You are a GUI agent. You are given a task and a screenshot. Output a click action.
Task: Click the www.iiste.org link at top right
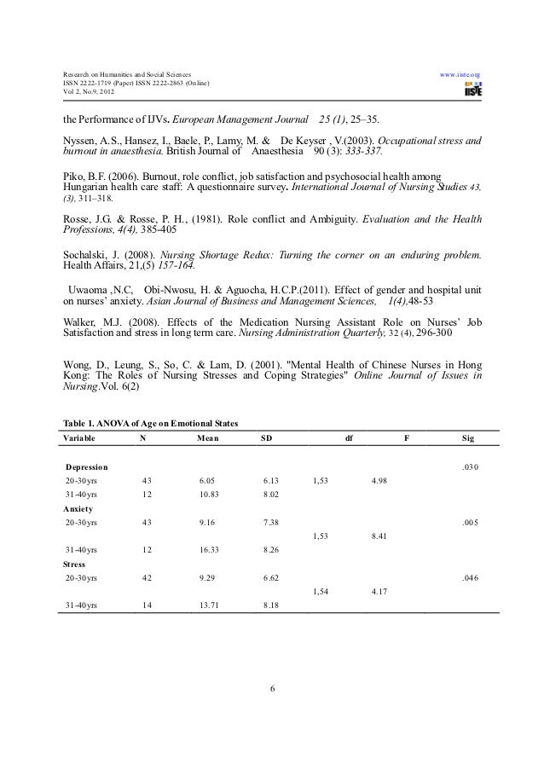(461, 75)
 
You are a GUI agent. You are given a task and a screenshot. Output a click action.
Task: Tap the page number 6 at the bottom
(272, 689)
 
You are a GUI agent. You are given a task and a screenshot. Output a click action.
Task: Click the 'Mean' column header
(207, 438)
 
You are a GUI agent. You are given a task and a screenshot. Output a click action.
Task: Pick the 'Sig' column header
(468, 438)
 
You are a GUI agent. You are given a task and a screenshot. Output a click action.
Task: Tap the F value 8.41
(381, 536)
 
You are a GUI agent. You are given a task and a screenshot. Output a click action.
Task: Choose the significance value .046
(470, 577)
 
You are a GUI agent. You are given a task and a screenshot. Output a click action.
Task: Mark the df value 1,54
(321, 591)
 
